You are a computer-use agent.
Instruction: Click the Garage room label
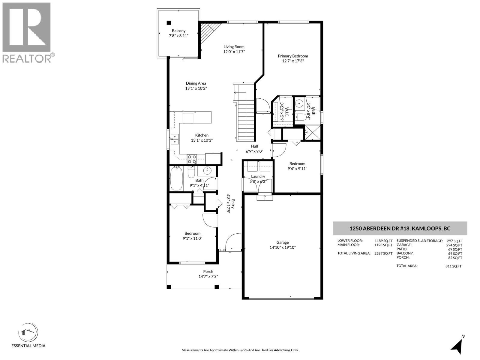(282, 242)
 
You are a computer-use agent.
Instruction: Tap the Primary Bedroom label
(292, 56)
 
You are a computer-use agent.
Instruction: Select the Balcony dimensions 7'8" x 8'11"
(178, 36)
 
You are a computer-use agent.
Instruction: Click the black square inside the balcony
(169, 22)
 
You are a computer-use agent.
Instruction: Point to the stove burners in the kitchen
(192, 159)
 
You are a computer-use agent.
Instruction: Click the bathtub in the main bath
(176, 179)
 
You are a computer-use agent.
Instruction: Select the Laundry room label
(258, 176)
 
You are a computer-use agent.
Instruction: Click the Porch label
(208, 271)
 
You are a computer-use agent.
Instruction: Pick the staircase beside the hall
(245, 120)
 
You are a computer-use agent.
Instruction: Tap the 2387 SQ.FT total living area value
(383, 253)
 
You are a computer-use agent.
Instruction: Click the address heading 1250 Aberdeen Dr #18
(400, 229)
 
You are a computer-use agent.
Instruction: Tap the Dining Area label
(196, 83)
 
